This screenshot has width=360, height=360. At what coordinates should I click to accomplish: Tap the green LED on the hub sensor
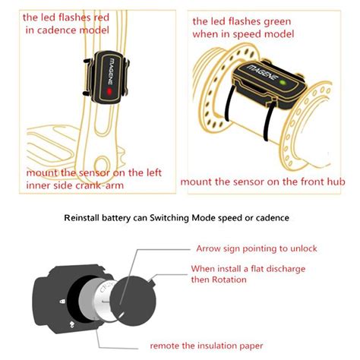coord(282,83)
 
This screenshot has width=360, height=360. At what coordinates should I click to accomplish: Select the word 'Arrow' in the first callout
coord(210,248)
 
